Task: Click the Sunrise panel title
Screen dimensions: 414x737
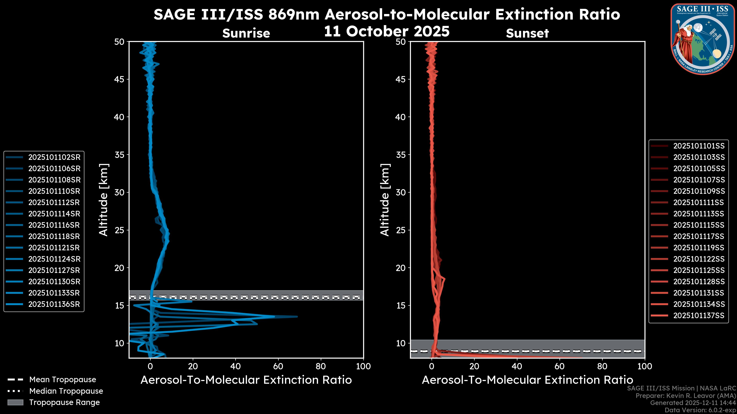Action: point(246,33)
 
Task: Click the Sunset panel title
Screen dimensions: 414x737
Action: point(527,33)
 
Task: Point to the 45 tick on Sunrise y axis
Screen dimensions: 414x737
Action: point(119,79)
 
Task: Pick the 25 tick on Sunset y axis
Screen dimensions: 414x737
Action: point(401,230)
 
